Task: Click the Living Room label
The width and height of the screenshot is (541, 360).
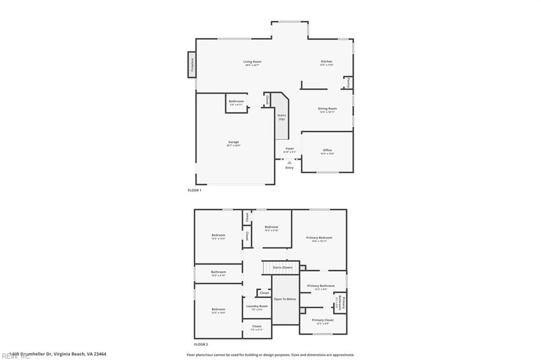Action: [x=252, y=62]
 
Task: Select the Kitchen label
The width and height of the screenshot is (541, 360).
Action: [x=327, y=62]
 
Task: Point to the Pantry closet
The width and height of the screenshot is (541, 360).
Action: [x=348, y=82]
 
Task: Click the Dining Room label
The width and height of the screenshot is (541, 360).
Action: [x=328, y=109]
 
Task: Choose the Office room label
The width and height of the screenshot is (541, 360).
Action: [x=328, y=150]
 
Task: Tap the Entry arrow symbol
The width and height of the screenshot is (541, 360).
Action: [x=290, y=163]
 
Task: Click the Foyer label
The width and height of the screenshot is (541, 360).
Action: [x=290, y=149]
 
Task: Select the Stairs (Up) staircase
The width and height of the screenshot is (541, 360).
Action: [x=282, y=117]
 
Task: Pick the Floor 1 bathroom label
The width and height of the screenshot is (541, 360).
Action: [x=236, y=101]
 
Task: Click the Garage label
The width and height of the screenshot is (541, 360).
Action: [x=234, y=142]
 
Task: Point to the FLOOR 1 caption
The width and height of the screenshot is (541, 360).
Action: [x=194, y=190]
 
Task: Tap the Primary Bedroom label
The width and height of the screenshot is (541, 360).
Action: [x=319, y=238]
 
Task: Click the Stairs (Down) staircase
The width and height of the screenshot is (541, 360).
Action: [x=282, y=268]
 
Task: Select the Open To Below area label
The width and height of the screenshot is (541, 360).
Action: [x=285, y=299]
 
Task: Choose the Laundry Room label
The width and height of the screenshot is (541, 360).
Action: [x=257, y=306]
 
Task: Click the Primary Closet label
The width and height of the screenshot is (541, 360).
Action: [x=322, y=320]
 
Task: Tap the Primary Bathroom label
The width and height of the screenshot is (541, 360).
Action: [x=321, y=286]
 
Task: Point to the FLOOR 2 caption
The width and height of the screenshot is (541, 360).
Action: [x=194, y=344]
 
